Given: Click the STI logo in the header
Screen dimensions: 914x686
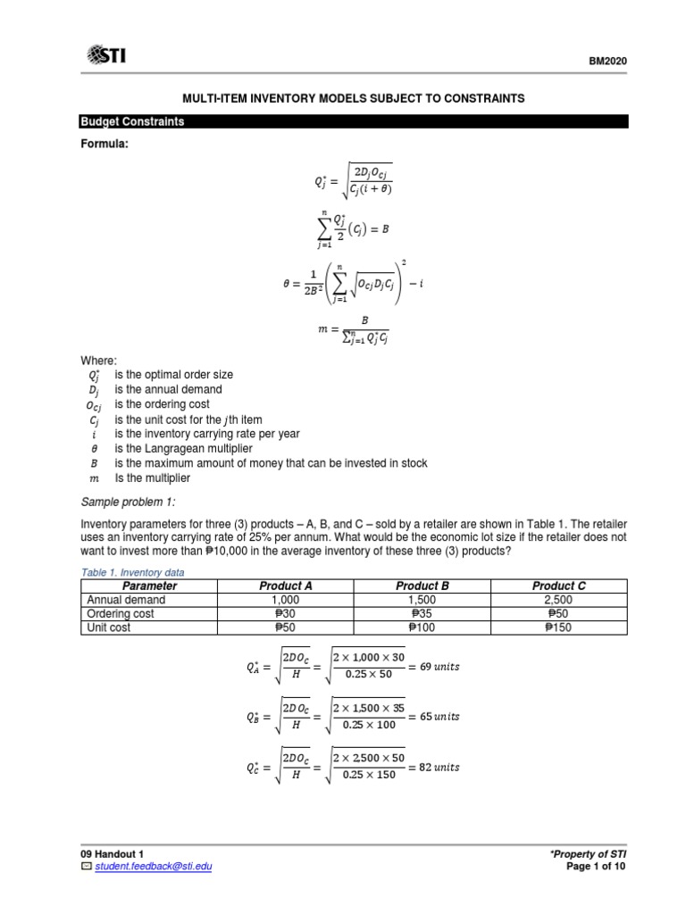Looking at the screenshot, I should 106,56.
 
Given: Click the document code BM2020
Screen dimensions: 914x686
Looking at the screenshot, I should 608,61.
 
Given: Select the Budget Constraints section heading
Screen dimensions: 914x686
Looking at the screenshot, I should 133,121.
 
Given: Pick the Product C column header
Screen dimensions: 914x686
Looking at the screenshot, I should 559,586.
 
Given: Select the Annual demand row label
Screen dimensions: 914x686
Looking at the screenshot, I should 126,600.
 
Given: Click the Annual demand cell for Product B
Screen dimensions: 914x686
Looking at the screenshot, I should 422,600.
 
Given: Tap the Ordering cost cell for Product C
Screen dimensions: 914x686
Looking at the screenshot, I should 559,614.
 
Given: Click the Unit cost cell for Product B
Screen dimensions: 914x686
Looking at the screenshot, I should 422,627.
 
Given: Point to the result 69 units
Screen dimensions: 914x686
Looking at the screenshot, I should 439,667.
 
